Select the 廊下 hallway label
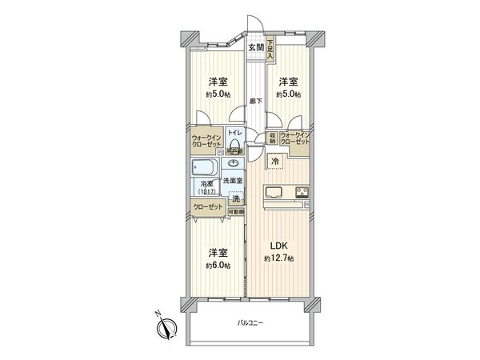(255, 101)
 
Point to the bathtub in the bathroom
(203, 169)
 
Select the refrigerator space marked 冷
(276, 162)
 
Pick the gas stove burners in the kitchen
(303, 191)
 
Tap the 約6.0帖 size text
(217, 265)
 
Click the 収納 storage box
(273, 138)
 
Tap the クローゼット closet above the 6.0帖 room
(207, 207)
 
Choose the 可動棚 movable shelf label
(235, 211)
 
